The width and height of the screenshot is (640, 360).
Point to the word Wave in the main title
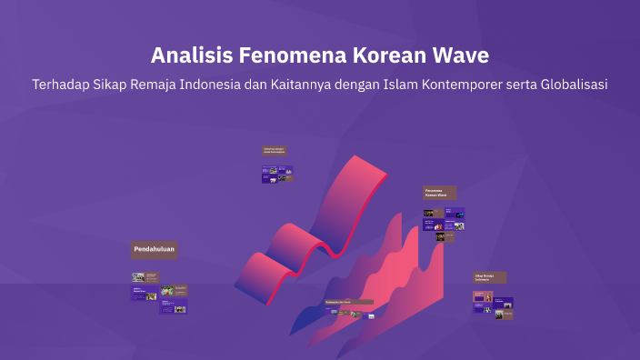pyautogui.click(x=463, y=55)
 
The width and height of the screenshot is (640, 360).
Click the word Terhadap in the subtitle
pyautogui.click(x=64, y=85)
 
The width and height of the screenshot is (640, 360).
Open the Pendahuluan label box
pyautogui.click(x=154, y=250)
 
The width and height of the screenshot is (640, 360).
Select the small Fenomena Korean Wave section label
pyautogui.click(x=439, y=193)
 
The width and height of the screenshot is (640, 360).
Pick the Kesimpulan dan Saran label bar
pyautogui.click(x=349, y=302)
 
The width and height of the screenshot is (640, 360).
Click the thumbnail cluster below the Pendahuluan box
pyautogui.click(x=160, y=292)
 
